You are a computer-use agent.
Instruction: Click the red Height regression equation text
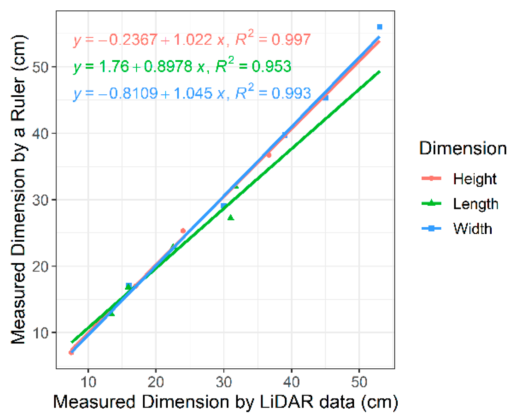coord(192,40)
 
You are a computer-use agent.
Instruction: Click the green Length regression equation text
coord(182,66)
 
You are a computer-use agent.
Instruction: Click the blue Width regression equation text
coord(192,93)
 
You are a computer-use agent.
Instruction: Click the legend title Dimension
coord(463,148)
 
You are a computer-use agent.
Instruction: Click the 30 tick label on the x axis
coord(224,382)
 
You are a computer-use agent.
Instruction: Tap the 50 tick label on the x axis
coord(359,382)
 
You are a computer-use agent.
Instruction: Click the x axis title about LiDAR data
coord(225,402)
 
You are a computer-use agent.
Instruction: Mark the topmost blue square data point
coord(379,27)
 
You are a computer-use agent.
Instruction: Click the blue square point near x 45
coord(326,98)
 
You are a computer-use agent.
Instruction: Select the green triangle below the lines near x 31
coord(231,217)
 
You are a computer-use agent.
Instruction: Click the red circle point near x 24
coord(183,231)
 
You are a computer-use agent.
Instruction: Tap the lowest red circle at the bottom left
coord(71,353)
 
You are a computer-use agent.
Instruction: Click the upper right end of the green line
coord(379,72)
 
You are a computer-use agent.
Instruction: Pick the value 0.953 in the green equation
coord(271,66)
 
